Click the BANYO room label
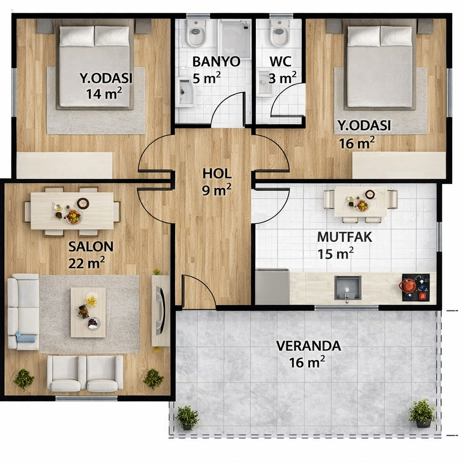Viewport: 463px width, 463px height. [216, 62]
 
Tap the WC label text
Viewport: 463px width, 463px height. [280, 61]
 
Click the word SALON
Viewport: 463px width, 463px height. [91, 246]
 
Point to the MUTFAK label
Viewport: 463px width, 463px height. [345, 237]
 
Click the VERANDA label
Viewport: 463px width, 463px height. [308, 346]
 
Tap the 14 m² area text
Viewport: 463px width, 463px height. [104, 94]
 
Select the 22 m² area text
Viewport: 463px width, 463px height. [86, 263]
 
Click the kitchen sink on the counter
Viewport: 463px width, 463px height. [348, 288]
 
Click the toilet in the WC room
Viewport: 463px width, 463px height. [279, 33]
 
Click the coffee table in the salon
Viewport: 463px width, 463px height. [88, 312]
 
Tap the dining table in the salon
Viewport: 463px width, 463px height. [72, 211]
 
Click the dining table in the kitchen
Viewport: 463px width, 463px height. [360, 201]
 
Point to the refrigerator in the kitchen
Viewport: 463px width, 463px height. [272, 286]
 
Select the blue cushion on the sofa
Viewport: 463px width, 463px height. [25, 337]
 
